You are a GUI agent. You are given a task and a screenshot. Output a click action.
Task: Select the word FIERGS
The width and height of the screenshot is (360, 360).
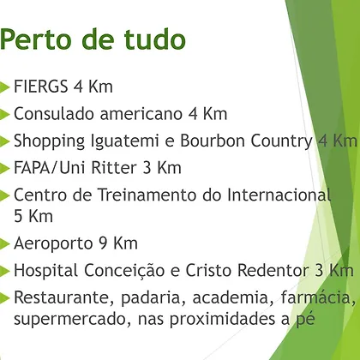[41, 87]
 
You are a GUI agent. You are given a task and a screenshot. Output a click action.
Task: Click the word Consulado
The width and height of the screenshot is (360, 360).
[54, 113]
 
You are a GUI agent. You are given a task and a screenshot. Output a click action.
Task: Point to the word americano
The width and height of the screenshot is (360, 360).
[141, 113]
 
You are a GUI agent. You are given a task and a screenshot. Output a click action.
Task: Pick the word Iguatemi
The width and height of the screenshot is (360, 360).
[125, 141]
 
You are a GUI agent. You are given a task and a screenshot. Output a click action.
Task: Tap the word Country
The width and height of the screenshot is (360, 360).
[281, 141]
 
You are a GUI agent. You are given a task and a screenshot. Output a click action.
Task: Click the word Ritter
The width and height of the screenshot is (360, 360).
[114, 168]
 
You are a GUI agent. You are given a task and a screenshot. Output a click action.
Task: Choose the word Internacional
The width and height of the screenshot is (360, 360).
[279, 195]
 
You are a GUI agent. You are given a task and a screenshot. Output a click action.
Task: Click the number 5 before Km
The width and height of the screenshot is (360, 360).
[18, 216]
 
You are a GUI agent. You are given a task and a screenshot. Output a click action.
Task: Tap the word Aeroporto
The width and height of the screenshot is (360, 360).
[53, 243]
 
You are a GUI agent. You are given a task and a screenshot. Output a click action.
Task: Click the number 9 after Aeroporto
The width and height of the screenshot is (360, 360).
[103, 243]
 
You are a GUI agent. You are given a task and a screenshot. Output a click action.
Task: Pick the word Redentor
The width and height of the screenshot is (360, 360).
[273, 270]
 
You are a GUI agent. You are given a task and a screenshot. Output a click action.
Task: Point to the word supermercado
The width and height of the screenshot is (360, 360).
[70, 320]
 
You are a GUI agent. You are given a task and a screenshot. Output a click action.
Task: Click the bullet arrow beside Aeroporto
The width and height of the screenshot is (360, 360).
[4, 243]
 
